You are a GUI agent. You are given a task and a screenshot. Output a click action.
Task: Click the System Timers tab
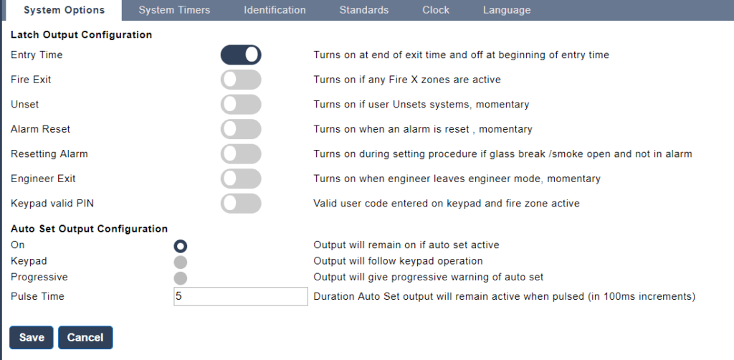click(174, 10)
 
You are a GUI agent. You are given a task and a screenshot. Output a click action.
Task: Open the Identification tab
click(275, 10)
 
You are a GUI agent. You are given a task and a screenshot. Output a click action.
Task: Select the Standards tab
click(363, 10)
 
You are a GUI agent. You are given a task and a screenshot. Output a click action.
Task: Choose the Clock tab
click(436, 10)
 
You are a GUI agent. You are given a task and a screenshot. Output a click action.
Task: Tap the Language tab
click(507, 10)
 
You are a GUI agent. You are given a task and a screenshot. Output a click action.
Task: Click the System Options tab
click(64, 10)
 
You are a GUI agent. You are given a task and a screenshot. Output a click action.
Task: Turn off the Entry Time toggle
click(241, 55)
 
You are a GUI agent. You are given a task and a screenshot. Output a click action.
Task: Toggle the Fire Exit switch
click(241, 80)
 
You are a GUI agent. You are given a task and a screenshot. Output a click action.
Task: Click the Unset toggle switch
click(241, 105)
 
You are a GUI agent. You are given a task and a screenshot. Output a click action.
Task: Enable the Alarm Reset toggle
click(241, 129)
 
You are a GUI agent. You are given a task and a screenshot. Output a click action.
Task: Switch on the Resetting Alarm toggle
click(241, 154)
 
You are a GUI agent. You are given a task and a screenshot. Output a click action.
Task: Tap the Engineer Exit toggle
click(241, 179)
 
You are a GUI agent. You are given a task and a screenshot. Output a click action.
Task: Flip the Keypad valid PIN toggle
click(241, 204)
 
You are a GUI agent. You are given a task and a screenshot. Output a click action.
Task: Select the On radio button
click(180, 246)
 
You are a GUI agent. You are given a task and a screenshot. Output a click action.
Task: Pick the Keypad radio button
click(180, 262)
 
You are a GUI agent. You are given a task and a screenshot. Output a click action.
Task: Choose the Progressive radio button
click(180, 278)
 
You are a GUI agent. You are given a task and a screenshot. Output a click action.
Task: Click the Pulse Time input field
click(241, 296)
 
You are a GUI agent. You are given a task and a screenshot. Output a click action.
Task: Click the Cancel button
click(85, 338)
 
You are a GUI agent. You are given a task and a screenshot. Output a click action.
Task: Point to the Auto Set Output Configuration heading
click(89, 229)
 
